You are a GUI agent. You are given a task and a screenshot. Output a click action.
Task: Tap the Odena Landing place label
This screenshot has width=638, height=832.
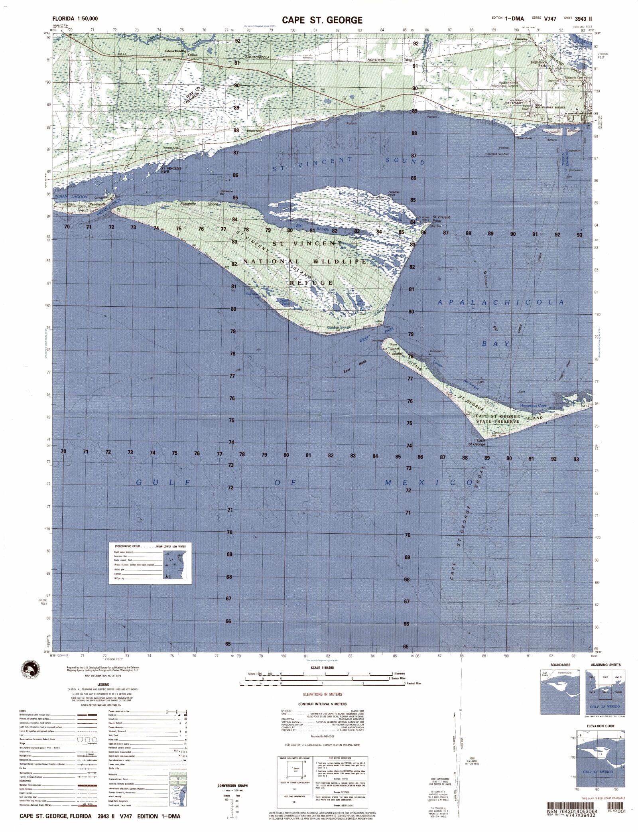point(175,51)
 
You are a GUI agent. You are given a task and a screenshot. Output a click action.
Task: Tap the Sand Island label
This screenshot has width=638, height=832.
point(396,351)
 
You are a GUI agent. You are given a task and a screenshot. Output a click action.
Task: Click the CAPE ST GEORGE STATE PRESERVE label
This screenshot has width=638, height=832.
point(498,418)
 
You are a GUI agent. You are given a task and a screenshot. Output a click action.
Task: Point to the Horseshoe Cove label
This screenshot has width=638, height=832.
point(533,405)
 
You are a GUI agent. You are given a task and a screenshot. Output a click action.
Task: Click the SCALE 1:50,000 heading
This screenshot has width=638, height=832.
point(317,668)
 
